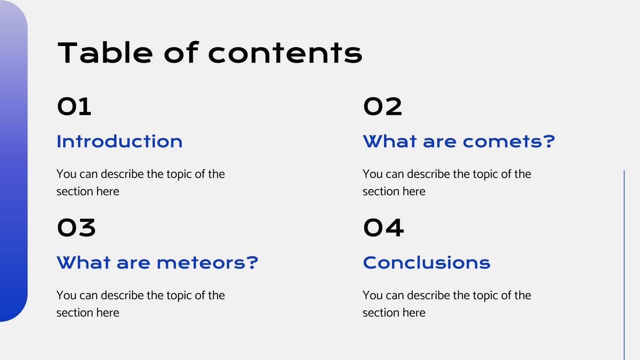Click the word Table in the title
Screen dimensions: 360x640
pos(105,53)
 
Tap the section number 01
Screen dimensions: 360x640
pos(74,107)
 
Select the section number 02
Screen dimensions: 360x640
pos(382,107)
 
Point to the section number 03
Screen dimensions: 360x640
pos(76,228)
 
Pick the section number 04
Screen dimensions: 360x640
pos(383,228)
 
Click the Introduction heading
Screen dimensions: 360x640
pos(119,142)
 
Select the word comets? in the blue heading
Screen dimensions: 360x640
pos(509,142)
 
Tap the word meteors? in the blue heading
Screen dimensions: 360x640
pos(207,263)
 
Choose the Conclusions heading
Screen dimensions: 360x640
pos(426,263)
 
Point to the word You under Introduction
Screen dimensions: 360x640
pos(66,174)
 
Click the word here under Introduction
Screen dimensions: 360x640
pos(108,192)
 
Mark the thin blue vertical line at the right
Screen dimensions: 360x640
pos(624,264)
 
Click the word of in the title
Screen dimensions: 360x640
pos(181,53)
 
